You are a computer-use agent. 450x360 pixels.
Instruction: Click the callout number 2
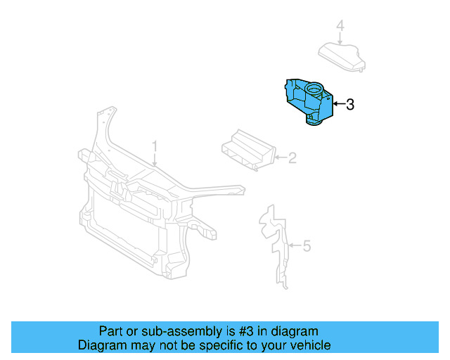tap(292, 158)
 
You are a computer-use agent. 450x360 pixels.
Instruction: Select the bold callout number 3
tap(349, 105)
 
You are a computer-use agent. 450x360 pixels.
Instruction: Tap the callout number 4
tap(340, 27)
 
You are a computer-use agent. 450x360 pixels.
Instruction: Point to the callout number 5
tap(306, 246)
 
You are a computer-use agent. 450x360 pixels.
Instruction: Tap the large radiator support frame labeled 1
tap(141, 211)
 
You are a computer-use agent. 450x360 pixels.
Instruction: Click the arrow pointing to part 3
tap(337, 105)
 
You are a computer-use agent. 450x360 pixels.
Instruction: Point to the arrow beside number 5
tap(295, 246)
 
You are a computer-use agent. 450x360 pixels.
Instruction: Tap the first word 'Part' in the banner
tap(111, 331)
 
